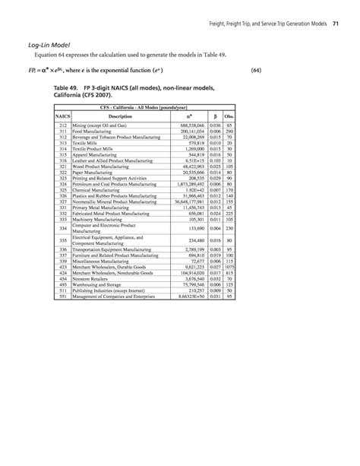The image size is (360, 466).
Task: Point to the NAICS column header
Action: click(x=65, y=116)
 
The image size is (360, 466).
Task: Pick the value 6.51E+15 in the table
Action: click(x=194, y=161)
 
